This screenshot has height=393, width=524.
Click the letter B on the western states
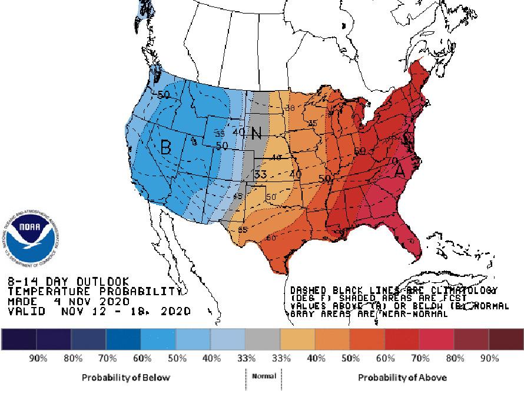[x=165, y=147]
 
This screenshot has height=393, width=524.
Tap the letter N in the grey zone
[x=256, y=133]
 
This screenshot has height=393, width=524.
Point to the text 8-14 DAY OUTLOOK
[x=68, y=282]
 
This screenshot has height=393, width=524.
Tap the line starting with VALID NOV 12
[x=100, y=311]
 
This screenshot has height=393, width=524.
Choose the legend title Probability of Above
[x=402, y=377]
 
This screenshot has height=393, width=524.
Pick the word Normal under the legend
[x=263, y=376]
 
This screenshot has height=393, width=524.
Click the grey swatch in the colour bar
[x=263, y=339]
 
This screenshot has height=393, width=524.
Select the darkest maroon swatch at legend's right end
[x=506, y=339]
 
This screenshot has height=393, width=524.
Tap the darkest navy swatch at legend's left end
[x=19, y=339]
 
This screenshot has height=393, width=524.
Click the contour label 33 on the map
[x=261, y=174]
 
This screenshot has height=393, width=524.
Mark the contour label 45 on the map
[x=238, y=196]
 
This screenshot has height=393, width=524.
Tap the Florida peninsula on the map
[x=411, y=236]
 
